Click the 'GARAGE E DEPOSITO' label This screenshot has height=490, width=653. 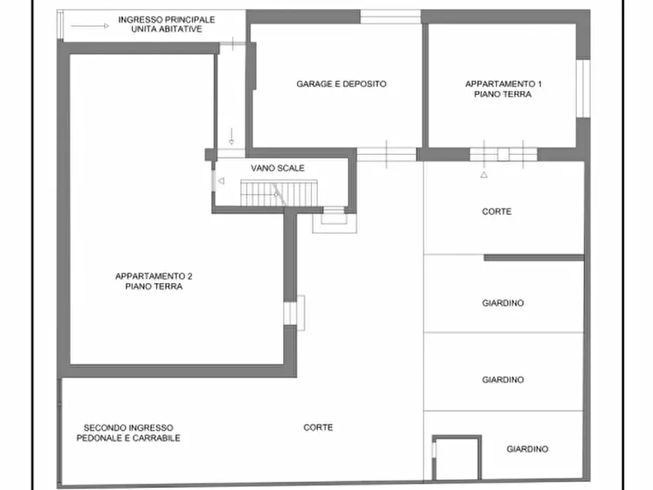tap(341, 84)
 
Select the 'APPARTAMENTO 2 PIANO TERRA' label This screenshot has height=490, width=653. tap(154, 282)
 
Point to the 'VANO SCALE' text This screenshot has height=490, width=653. tap(277, 168)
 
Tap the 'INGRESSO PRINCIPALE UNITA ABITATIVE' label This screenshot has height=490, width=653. tap(167, 24)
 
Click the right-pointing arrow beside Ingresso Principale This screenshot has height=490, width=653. tap(91, 26)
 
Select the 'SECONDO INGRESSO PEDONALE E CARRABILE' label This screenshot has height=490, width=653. tap(128, 433)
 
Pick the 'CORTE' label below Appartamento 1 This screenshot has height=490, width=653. tap(497, 211)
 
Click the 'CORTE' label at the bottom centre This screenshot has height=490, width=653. tap(318, 428)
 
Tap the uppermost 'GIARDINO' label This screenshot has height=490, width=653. tap(503, 303)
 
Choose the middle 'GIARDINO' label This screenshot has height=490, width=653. tap(503, 380)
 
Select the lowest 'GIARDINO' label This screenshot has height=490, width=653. tap(527, 449)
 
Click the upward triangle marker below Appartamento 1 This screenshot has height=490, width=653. tap(483, 176)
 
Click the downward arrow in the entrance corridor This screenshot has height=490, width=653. tap(231, 136)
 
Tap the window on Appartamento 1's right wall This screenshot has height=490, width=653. tap(583, 88)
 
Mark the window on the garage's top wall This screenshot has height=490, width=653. tap(390, 17)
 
